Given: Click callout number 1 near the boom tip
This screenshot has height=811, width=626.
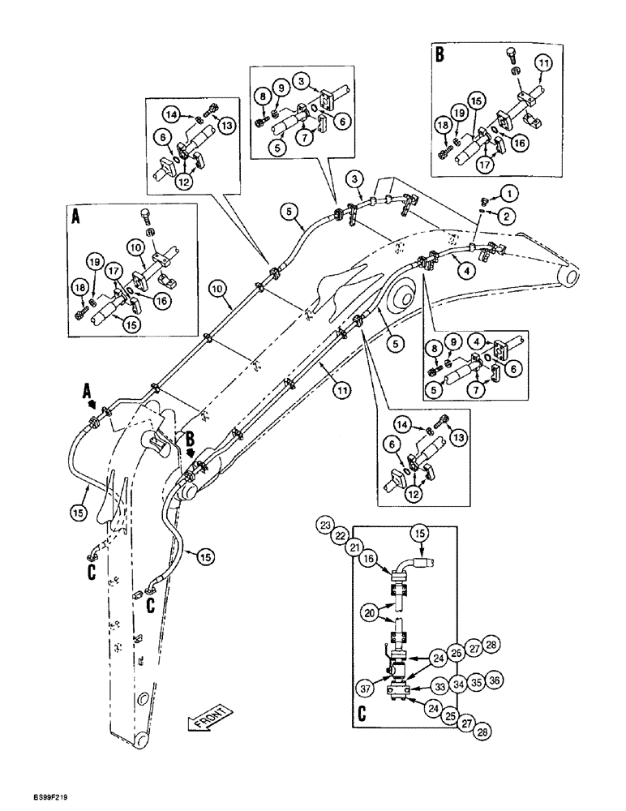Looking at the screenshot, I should [508, 194].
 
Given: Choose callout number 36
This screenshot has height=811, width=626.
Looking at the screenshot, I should [495, 682].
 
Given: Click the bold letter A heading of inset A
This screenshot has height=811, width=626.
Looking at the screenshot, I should [75, 217].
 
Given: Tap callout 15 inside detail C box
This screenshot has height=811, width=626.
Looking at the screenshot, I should [419, 533].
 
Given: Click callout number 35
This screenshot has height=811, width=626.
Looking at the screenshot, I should [477, 683].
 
